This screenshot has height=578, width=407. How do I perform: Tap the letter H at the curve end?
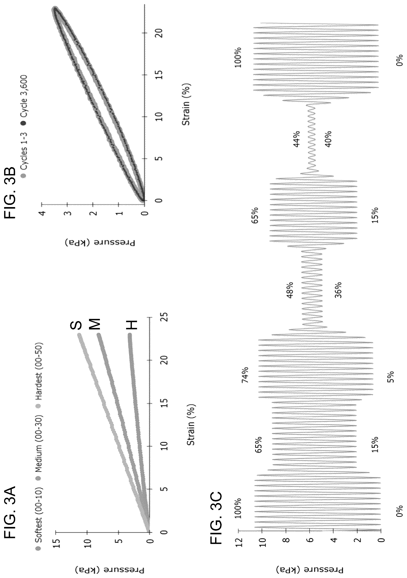131,325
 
